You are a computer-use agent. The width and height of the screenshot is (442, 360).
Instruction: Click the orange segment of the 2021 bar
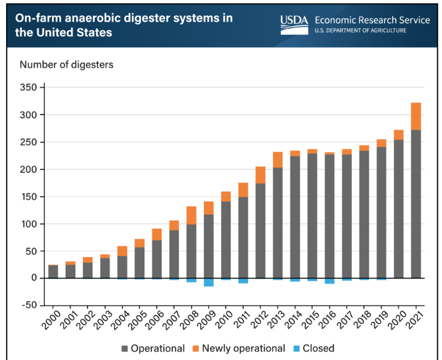point(416,116)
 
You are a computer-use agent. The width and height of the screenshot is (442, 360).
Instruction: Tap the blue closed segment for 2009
point(208,282)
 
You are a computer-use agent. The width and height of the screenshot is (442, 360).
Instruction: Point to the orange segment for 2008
point(191,215)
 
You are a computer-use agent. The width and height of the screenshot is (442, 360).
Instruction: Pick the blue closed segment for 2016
point(329,281)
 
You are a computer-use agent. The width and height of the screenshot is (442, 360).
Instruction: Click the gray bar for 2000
point(53,272)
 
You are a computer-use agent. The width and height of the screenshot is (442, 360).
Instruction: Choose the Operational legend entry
point(153,349)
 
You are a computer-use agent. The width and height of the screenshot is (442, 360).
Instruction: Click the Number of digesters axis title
point(66,64)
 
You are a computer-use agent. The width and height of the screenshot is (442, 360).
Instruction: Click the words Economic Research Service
point(372,20)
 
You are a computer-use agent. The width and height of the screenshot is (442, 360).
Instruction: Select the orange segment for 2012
point(260,175)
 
